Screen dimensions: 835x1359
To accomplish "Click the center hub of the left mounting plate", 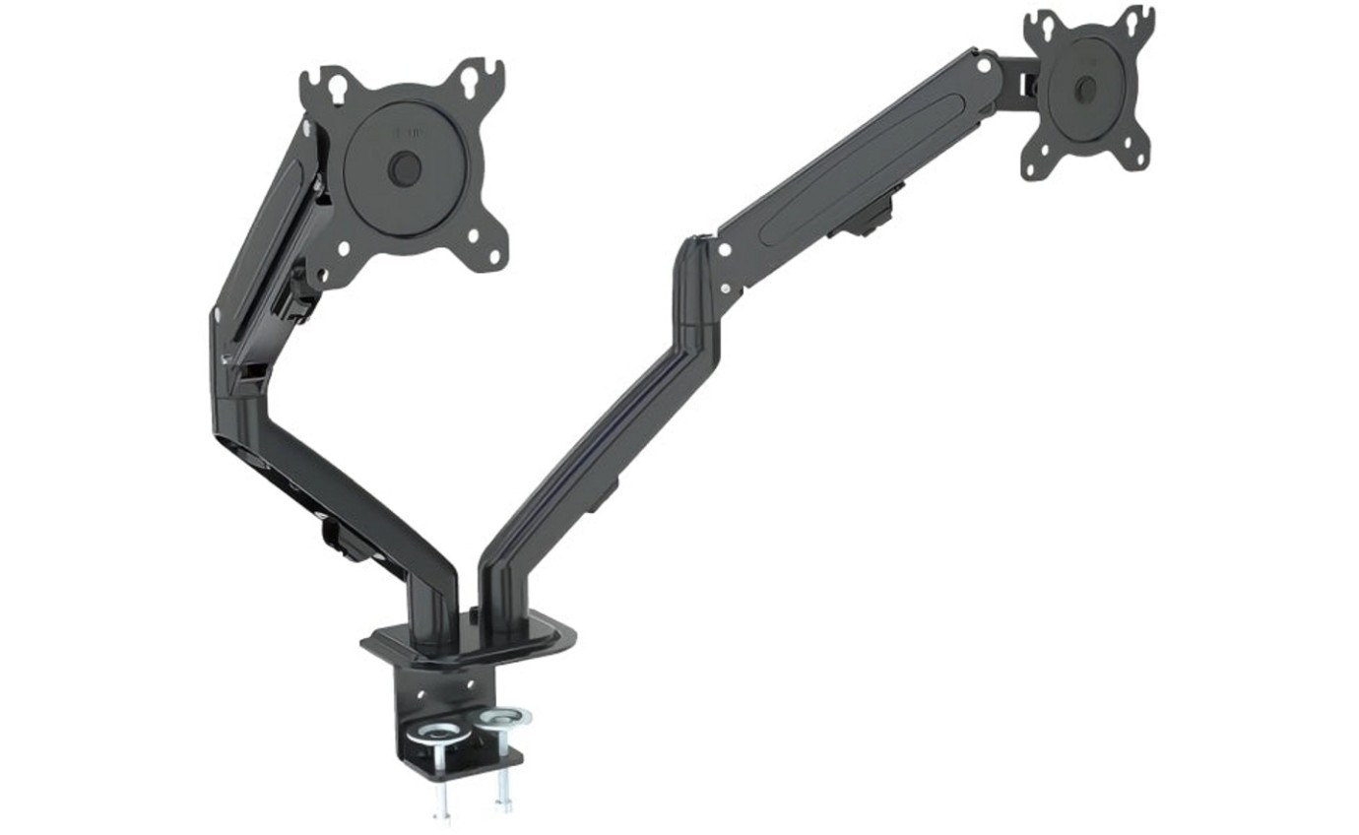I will pyautogui.click(x=404, y=168).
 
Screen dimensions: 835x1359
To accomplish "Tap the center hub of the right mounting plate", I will pyautogui.click(x=1085, y=89).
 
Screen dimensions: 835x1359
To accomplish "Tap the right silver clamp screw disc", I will pyautogui.click(x=506, y=717).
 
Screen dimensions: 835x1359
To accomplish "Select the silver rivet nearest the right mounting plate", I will pyautogui.click(x=982, y=66).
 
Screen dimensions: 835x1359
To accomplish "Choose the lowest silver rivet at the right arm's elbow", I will pyautogui.click(x=727, y=289).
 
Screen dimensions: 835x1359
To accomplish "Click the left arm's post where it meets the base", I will pyautogui.click(x=433, y=615).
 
